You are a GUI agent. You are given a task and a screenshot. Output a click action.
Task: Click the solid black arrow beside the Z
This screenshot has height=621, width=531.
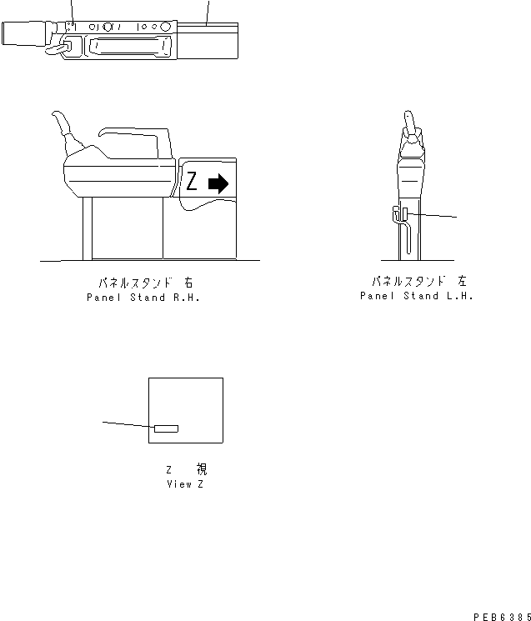coord(218,183)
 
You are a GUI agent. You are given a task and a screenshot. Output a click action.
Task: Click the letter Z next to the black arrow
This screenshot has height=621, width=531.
coord(192,182)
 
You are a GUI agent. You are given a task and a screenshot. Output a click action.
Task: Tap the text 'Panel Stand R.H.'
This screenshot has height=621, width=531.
coord(143,298)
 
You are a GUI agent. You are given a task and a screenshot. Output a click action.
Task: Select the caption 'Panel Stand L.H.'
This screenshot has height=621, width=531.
coord(416,296)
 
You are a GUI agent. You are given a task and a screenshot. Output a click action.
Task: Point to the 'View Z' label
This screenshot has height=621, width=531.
coord(184,484)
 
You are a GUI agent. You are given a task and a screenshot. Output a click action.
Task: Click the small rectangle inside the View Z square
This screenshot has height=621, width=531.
coord(166,428)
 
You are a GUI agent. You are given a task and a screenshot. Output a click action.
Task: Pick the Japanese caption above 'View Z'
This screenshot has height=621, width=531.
coord(186,470)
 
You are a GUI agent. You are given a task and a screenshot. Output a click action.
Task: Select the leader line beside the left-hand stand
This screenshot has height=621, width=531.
coord(433,217)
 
